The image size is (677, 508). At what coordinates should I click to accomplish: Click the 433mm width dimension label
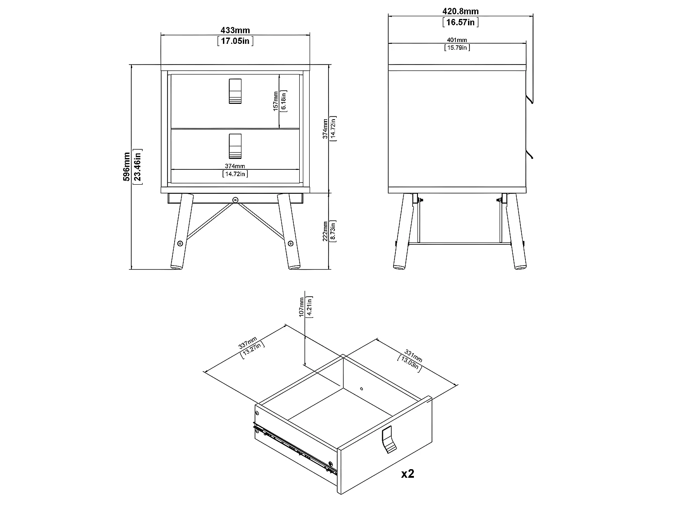tap(235, 30)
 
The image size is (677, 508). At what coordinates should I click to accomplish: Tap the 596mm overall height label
tap(126, 167)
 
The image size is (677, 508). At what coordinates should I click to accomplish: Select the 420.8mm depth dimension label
tap(460, 11)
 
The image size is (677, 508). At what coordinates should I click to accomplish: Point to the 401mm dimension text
tap(457, 40)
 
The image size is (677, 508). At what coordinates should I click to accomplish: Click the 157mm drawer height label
tap(275, 101)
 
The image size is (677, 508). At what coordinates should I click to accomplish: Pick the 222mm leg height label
tap(325, 231)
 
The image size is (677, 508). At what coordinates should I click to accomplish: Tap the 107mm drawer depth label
tap(301, 307)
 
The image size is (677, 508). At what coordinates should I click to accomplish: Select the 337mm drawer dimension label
tap(247, 343)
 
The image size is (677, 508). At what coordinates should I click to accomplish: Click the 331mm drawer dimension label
tap(413, 356)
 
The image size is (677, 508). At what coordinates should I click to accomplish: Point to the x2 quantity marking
tap(408, 473)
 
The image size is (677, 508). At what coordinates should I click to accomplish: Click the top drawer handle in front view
tap(235, 91)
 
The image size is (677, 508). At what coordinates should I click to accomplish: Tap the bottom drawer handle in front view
tap(235, 146)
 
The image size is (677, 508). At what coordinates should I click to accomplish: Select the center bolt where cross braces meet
tap(235, 200)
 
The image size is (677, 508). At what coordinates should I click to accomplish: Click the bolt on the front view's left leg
tap(180, 243)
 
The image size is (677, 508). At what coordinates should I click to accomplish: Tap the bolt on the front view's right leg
tap(291, 243)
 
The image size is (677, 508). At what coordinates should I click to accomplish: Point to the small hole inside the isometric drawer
tap(362, 389)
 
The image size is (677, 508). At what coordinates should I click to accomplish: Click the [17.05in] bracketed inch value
tap(235, 41)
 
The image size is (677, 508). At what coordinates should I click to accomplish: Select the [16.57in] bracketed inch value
tap(460, 22)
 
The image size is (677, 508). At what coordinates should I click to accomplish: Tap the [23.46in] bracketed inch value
tap(138, 167)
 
